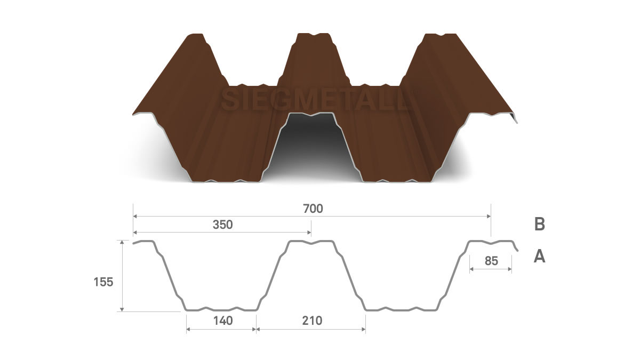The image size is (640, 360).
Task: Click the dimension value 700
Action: pyautogui.click(x=313, y=209)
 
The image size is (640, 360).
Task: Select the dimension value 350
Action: pyautogui.click(x=223, y=225)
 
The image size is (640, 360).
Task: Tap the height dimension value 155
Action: pyautogui.click(x=103, y=282)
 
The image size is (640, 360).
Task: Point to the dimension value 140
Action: pyautogui.click(x=223, y=321)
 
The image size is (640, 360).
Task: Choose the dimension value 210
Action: pyautogui.click(x=312, y=321)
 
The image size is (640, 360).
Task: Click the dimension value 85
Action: pyautogui.click(x=491, y=261)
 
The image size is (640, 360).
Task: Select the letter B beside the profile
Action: pyautogui.click(x=539, y=224)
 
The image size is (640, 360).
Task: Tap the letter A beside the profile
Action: pyautogui.click(x=539, y=256)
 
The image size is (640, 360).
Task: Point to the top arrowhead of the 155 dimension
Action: pyautogui.click(x=122, y=242)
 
